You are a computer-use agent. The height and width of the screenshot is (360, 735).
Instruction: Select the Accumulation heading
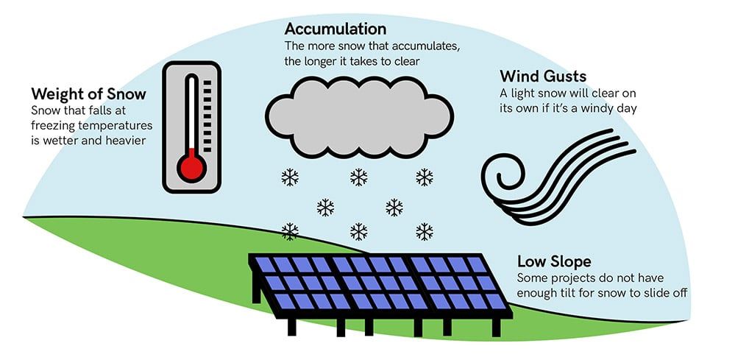(335, 29)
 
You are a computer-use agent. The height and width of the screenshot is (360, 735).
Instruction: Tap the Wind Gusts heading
(544, 76)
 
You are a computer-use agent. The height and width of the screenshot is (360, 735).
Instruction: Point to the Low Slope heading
(554, 261)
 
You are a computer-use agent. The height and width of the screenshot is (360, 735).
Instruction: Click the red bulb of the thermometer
(192, 167)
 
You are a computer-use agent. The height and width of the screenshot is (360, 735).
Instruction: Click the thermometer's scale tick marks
(207, 110)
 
